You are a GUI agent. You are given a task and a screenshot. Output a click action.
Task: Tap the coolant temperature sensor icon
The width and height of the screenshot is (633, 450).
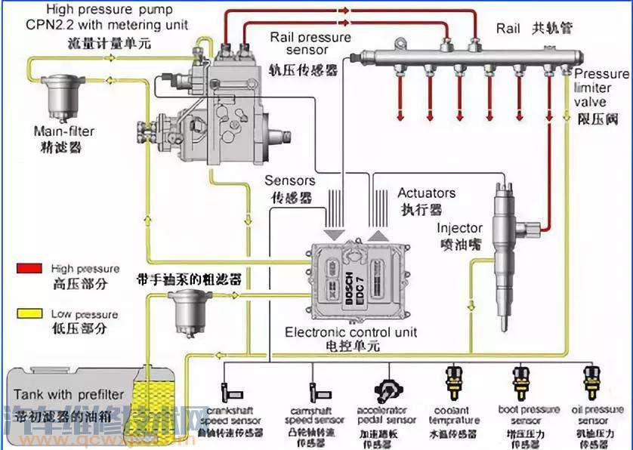(x=453, y=382)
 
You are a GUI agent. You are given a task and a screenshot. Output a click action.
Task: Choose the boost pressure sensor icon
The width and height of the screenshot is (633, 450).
(x=520, y=382)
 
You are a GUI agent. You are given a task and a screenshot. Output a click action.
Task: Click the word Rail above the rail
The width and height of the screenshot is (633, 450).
(x=508, y=28)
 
